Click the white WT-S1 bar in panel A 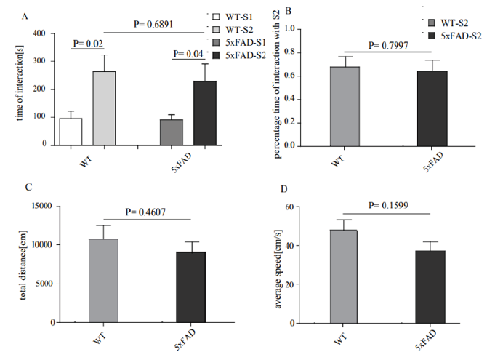pos(71,132)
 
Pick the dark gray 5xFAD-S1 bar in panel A pos(171,132)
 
